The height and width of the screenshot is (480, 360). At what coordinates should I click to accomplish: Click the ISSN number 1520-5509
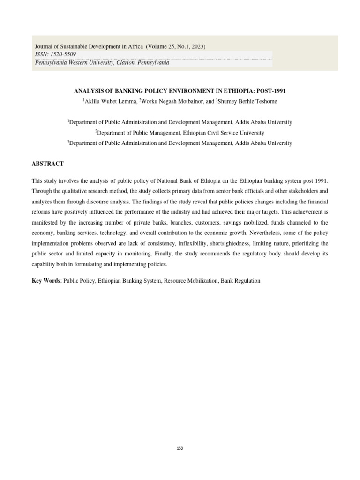[64, 54]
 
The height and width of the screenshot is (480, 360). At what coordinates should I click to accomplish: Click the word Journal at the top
[45, 46]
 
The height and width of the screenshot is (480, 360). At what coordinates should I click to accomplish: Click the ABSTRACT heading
[47, 164]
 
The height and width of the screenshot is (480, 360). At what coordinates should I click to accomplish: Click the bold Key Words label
[46, 280]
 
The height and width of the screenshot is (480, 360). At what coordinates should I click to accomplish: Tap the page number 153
[180, 448]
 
